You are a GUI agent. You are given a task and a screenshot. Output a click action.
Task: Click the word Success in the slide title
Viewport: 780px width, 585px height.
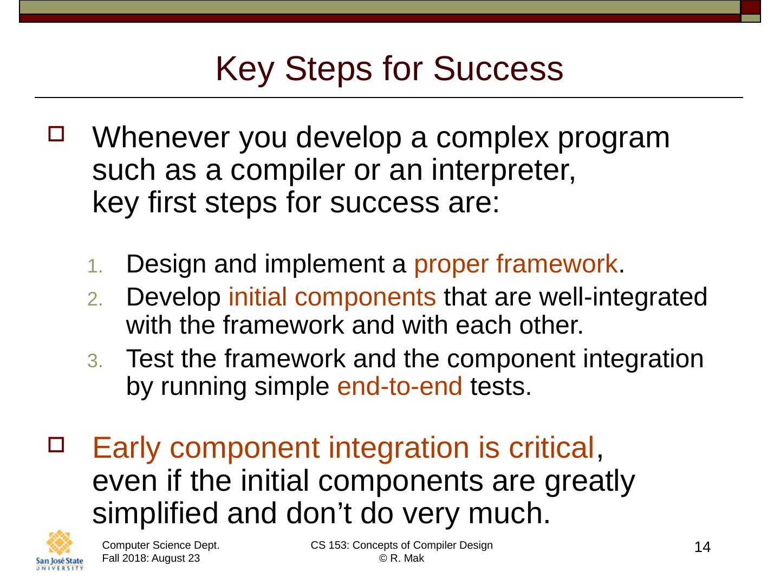[x=498, y=69]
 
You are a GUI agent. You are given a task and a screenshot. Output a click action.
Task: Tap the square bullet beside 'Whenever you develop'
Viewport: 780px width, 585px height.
[x=56, y=134]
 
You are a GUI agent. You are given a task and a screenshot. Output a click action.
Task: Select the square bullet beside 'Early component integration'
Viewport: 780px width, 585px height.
[x=56, y=445]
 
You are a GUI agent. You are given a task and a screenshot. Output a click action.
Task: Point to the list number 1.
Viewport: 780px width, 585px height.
[x=95, y=266]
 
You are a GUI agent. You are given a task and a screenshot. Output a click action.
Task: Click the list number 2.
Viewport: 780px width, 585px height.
[x=95, y=299]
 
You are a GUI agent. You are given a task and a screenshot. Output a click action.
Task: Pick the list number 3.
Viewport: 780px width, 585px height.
[x=95, y=361]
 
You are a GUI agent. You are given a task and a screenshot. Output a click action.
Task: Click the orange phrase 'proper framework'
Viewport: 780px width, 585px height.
[x=516, y=265]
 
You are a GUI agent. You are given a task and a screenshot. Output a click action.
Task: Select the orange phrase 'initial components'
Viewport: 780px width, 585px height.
[x=332, y=297]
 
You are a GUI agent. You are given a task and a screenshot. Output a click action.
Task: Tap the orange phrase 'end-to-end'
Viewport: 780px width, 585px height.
[x=400, y=386]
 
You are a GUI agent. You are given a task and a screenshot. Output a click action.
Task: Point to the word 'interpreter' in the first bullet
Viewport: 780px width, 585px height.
[x=500, y=171]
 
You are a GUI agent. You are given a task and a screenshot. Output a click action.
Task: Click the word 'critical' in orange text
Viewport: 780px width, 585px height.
[x=551, y=447]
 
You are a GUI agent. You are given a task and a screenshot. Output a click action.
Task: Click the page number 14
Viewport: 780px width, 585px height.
[x=702, y=547]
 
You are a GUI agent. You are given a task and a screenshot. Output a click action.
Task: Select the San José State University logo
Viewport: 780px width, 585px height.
[x=60, y=550]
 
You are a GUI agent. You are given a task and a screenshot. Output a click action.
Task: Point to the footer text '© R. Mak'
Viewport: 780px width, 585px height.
[x=401, y=558]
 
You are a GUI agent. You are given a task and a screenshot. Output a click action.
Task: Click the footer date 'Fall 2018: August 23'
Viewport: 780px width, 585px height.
[x=151, y=558]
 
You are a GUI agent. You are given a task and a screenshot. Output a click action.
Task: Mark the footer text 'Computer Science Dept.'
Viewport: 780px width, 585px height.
[x=161, y=545]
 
